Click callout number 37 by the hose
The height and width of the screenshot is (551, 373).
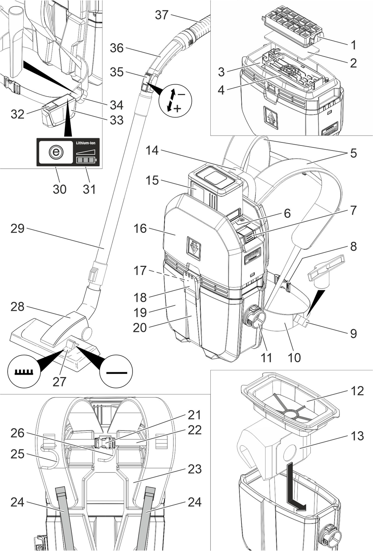point(161,15)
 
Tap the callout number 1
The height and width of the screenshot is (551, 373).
point(354,45)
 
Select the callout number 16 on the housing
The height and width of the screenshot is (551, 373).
point(140,228)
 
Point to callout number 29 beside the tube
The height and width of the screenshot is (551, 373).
point(18,228)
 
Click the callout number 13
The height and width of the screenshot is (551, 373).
point(357,436)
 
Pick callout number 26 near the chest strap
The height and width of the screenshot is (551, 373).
point(18,433)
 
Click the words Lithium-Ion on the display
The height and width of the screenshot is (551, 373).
point(86,143)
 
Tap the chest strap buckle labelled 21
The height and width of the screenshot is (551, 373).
point(105,443)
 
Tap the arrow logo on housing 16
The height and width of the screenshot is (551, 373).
point(194,248)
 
